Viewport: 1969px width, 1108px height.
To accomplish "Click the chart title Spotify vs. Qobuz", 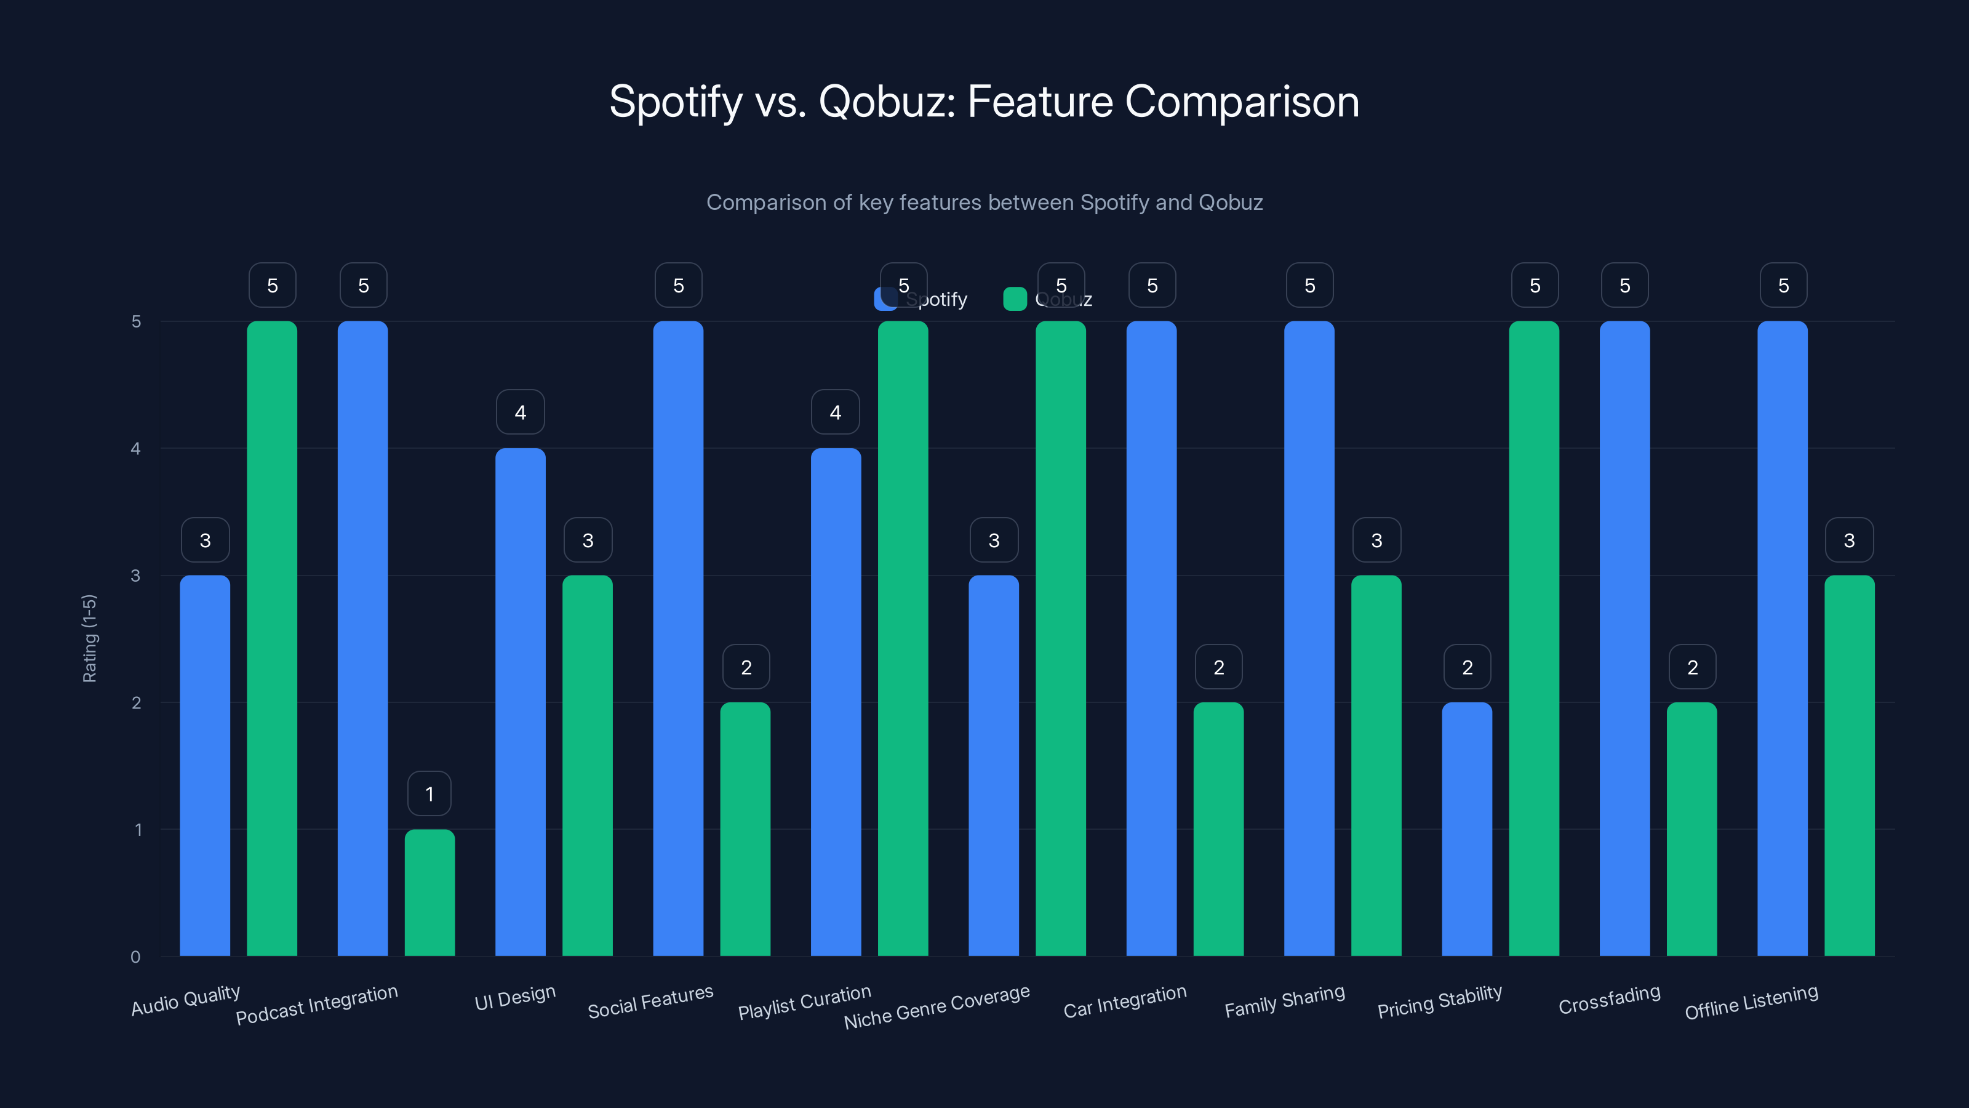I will pos(984,102).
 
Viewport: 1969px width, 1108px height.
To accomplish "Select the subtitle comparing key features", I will pos(984,203).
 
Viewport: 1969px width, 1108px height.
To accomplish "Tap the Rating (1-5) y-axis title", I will pos(89,638).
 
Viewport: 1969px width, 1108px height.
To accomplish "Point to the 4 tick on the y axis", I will pos(135,449).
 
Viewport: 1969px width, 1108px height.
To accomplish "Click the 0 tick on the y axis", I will pos(135,957).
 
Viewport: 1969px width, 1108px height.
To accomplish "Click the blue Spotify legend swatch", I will pos(885,299).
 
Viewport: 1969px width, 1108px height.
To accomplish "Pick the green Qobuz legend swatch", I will pos(1014,299).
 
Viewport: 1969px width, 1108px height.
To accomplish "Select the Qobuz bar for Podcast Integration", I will pos(429,893).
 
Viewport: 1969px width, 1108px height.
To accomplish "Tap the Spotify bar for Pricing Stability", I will pos(1467,829).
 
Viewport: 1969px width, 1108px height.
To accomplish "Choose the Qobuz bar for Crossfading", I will pos(1691,829).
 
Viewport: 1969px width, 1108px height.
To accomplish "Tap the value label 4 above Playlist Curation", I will pos(836,412).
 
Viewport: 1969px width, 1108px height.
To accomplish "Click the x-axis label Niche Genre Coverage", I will pos(937,1006).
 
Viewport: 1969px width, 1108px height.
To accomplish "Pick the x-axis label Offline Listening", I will pos(1751,1002).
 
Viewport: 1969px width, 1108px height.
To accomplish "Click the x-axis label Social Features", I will pos(650,1002).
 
